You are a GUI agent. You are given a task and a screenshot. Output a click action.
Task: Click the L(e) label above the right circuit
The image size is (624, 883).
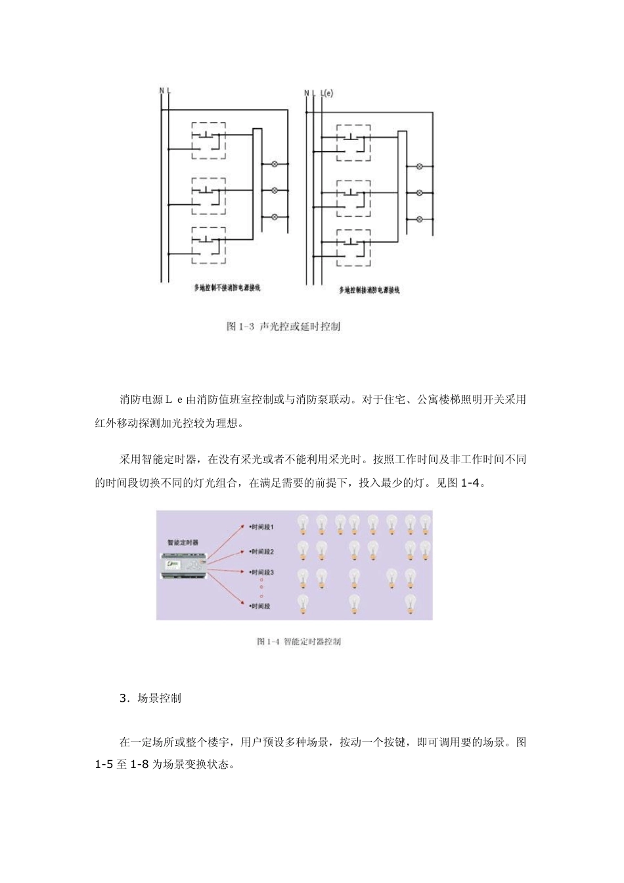326,93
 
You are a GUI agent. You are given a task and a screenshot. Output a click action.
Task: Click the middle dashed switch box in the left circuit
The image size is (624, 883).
209,195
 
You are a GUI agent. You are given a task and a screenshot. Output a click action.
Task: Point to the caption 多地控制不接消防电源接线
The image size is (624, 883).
222,287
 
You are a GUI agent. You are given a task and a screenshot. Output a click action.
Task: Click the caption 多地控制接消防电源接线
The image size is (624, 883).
369,290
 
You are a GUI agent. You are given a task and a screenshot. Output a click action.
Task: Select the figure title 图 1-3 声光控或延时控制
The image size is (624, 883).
283,327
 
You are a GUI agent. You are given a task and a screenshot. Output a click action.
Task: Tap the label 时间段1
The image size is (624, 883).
262,527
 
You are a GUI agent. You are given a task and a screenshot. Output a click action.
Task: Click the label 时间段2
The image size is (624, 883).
262,552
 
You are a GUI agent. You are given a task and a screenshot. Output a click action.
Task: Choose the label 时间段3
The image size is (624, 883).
262,572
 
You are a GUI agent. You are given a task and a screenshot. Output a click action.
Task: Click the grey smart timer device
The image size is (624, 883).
185,564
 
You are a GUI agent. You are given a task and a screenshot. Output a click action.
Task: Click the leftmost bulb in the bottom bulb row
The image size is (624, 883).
303,603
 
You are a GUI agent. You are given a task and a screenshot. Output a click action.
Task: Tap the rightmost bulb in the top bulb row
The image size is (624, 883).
426,524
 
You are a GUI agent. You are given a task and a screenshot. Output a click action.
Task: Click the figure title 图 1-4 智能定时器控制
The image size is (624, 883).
299,641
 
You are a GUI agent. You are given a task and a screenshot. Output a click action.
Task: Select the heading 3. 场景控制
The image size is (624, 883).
150,698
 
